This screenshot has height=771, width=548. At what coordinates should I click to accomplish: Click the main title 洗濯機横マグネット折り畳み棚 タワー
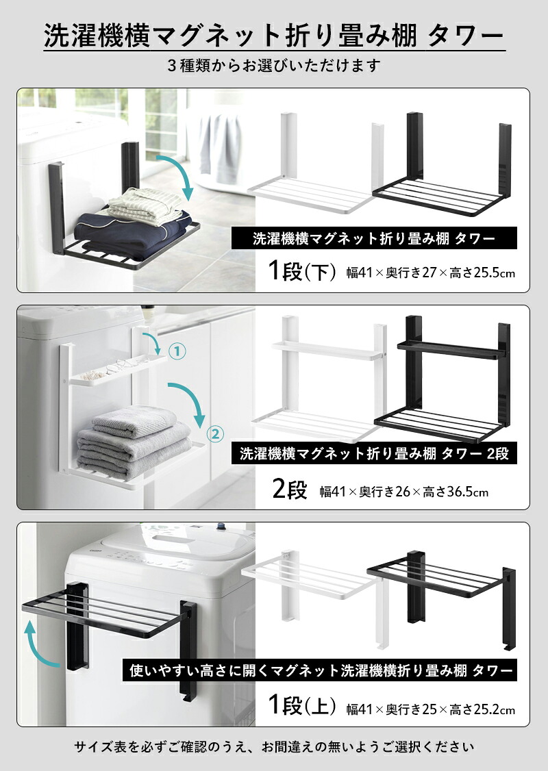(x=274, y=36)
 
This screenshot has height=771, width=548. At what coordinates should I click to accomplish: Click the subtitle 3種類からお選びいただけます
(x=273, y=65)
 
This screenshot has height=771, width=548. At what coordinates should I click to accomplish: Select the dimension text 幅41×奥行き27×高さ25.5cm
(x=431, y=272)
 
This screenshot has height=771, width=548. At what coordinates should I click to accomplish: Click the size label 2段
(x=290, y=489)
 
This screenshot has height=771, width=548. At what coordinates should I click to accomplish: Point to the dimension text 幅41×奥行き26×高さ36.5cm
(x=404, y=491)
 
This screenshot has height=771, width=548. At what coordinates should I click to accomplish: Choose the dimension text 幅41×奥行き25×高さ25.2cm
(x=431, y=709)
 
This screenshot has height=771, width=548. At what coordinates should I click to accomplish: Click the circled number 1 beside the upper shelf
(x=177, y=351)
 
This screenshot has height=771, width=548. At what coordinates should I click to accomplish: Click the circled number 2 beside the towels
(x=215, y=433)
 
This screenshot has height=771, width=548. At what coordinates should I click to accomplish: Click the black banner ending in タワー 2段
(x=374, y=453)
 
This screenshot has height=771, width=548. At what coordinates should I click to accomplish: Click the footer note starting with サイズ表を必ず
(x=274, y=747)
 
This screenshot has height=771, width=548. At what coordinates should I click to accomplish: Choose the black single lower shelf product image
(x=442, y=165)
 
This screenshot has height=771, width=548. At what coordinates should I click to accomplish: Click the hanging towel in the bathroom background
(x=219, y=147)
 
